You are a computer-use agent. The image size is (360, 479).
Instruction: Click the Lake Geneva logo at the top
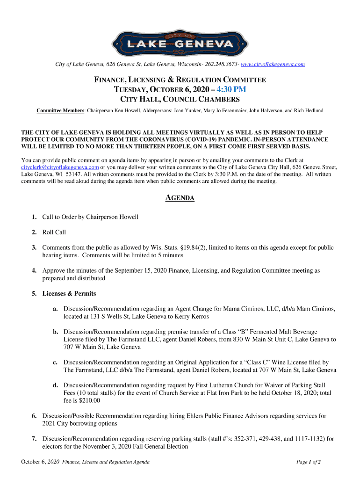coord(180,42)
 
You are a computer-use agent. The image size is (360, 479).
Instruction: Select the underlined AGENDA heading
coord(180,198)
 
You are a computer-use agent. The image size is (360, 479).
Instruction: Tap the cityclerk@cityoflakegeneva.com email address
coord(60,167)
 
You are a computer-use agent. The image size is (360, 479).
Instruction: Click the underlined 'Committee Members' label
coord(61,110)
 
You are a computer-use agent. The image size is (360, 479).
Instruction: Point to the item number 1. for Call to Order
coord(35,217)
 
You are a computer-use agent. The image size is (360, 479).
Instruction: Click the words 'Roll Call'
coord(54,232)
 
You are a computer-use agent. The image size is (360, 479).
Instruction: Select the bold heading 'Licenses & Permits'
coord(69,294)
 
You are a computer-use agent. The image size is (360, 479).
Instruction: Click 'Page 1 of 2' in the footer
coord(309,462)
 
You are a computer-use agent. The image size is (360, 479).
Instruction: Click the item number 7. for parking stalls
coord(35,439)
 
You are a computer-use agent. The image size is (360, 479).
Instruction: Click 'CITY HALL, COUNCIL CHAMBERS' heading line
coord(180,100)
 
